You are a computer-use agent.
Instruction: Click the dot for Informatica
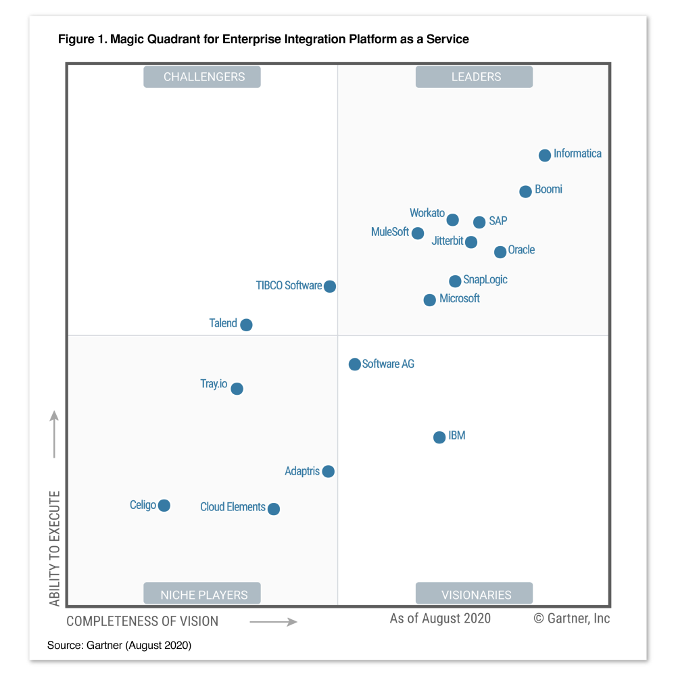[545, 155]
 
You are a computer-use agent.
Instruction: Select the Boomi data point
[525, 191]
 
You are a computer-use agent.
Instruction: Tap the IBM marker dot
[439, 437]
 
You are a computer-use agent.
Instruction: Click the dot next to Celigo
[164, 506]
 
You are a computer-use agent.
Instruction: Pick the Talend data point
[246, 324]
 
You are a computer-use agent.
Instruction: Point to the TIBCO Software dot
[329, 287]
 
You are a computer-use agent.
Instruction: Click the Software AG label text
[388, 364]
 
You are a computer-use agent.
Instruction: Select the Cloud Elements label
[233, 507]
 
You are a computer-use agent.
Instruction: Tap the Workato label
[427, 213]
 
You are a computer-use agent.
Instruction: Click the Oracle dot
[500, 252]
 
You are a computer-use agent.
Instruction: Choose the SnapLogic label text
[485, 279]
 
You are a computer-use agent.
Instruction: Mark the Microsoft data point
[429, 300]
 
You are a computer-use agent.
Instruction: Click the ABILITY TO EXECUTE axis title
[55, 548]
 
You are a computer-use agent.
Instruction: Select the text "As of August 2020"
[440, 619]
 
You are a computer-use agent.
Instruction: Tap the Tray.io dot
[237, 389]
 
